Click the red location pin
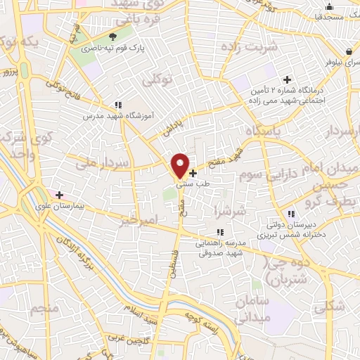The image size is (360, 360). [x=180, y=165]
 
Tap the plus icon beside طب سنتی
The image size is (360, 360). [x=193, y=172]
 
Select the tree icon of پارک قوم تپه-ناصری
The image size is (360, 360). [x=112, y=37]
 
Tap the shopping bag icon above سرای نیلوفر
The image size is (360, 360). [x=349, y=51]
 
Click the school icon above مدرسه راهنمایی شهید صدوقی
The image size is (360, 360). [x=220, y=231]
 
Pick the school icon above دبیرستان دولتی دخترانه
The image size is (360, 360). [x=290, y=214]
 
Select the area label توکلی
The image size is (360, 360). [x=157, y=81]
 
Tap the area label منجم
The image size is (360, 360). [x=44, y=309]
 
